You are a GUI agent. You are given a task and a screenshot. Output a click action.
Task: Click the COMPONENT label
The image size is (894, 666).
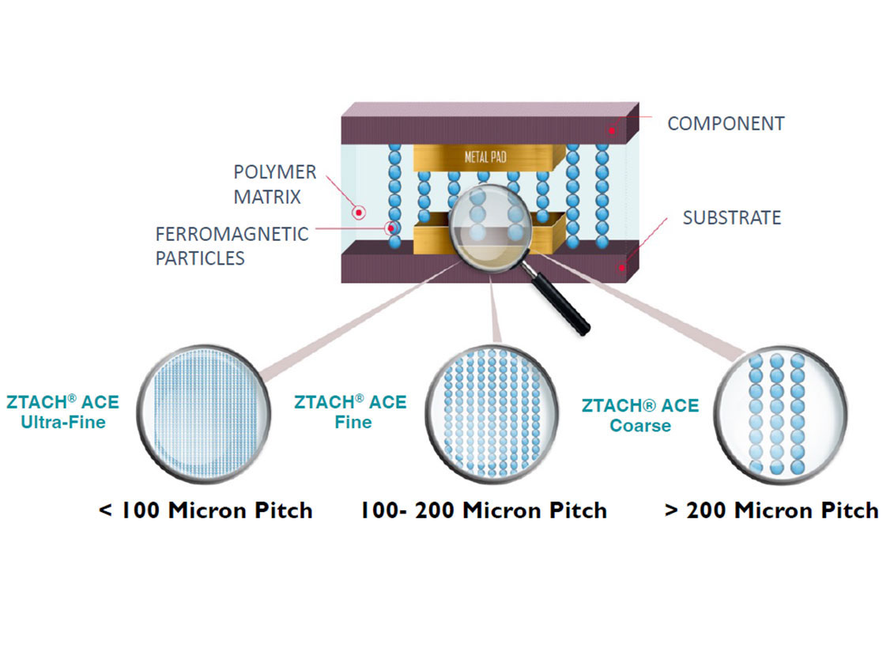click(x=726, y=123)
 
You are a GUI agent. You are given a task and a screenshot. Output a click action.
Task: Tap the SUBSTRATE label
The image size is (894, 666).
click(x=731, y=217)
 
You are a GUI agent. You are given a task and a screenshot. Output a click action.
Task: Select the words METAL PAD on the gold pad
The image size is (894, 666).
click(x=485, y=156)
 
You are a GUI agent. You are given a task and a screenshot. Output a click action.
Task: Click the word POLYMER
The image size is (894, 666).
click(x=275, y=172)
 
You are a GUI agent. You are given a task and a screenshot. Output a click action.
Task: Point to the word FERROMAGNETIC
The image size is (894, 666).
click(x=232, y=234)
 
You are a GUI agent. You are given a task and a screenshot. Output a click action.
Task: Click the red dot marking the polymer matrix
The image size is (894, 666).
click(x=359, y=213)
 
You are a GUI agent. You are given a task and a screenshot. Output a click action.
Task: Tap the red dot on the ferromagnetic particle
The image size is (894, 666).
click(x=391, y=229)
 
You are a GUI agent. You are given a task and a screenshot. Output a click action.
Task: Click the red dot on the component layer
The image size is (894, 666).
click(x=611, y=130)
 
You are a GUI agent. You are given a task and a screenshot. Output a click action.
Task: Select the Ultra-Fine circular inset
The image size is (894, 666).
click(x=203, y=414)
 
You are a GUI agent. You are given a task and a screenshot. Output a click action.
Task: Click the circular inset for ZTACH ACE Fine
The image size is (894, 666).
click(x=491, y=414)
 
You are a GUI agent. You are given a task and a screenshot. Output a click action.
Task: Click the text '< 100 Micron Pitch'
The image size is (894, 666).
click(x=206, y=510)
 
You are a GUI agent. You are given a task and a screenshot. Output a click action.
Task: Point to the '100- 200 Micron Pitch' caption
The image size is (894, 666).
click(x=484, y=510)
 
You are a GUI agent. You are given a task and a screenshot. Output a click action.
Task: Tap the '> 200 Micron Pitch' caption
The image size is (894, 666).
click(x=771, y=510)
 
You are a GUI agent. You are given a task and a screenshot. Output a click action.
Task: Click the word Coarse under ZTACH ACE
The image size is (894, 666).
click(x=640, y=426)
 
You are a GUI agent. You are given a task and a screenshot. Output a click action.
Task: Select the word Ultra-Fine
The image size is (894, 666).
click(x=63, y=422)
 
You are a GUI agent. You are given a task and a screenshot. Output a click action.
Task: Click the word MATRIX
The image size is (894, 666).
click(x=267, y=198)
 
